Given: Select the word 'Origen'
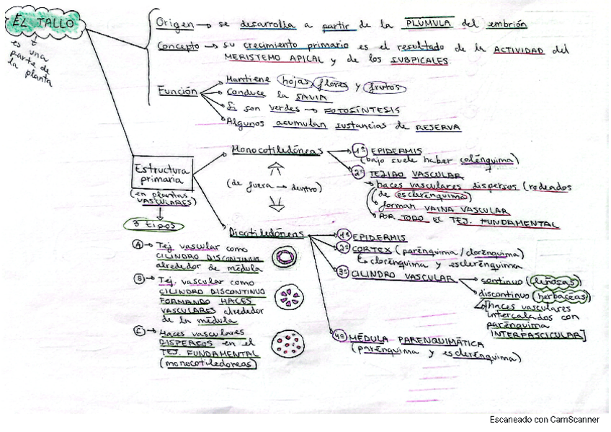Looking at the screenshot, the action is [174, 24].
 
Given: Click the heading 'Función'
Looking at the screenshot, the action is [177, 92].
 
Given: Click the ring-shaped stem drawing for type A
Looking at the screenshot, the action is [286, 257].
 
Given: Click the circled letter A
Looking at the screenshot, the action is [138, 245].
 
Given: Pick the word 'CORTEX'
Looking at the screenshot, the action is [368, 249].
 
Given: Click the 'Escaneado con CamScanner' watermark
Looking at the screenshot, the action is [544, 420].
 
